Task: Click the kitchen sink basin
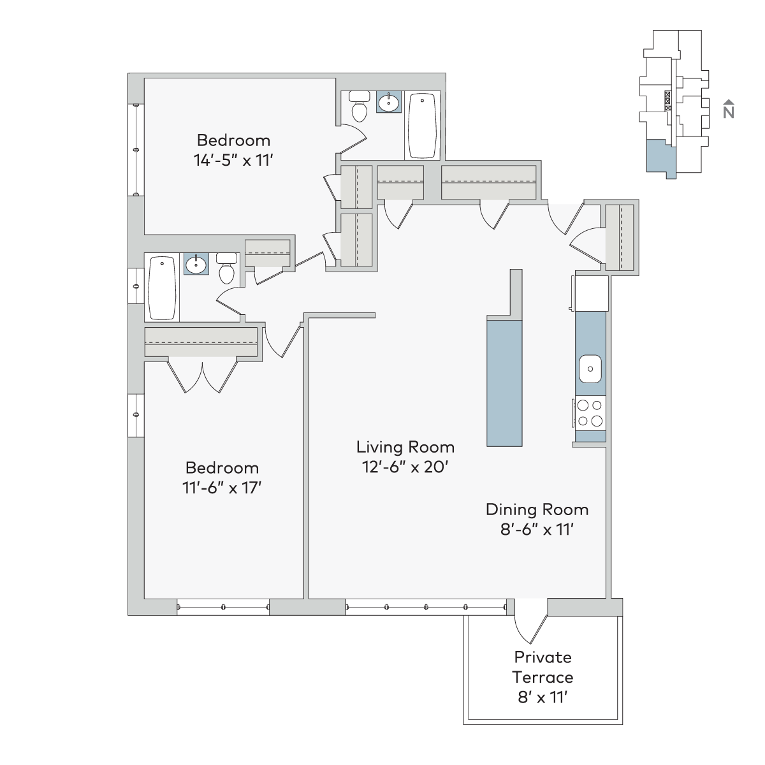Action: pyautogui.click(x=590, y=369)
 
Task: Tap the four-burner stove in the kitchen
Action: pyautogui.click(x=590, y=413)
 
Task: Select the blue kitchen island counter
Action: pyautogui.click(x=504, y=383)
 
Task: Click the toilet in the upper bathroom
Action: pyautogui.click(x=360, y=106)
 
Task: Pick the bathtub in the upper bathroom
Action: pyautogui.click(x=422, y=126)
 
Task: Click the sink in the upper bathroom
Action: pyautogui.click(x=389, y=103)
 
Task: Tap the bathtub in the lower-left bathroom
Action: pyautogui.click(x=161, y=288)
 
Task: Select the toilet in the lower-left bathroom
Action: pyautogui.click(x=227, y=268)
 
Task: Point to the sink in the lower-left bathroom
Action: pyautogui.click(x=196, y=264)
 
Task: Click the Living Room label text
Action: pyautogui.click(x=405, y=447)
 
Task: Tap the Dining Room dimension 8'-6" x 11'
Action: pyautogui.click(x=537, y=530)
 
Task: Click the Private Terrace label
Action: pyautogui.click(x=543, y=667)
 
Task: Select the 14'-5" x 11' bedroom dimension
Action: pyautogui.click(x=233, y=161)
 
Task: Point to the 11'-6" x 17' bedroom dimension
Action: pyautogui.click(x=222, y=488)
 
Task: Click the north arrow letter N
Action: pyautogui.click(x=729, y=113)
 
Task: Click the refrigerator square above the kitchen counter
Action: pyautogui.click(x=591, y=293)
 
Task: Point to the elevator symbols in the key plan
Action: pyautogui.click(x=667, y=101)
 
